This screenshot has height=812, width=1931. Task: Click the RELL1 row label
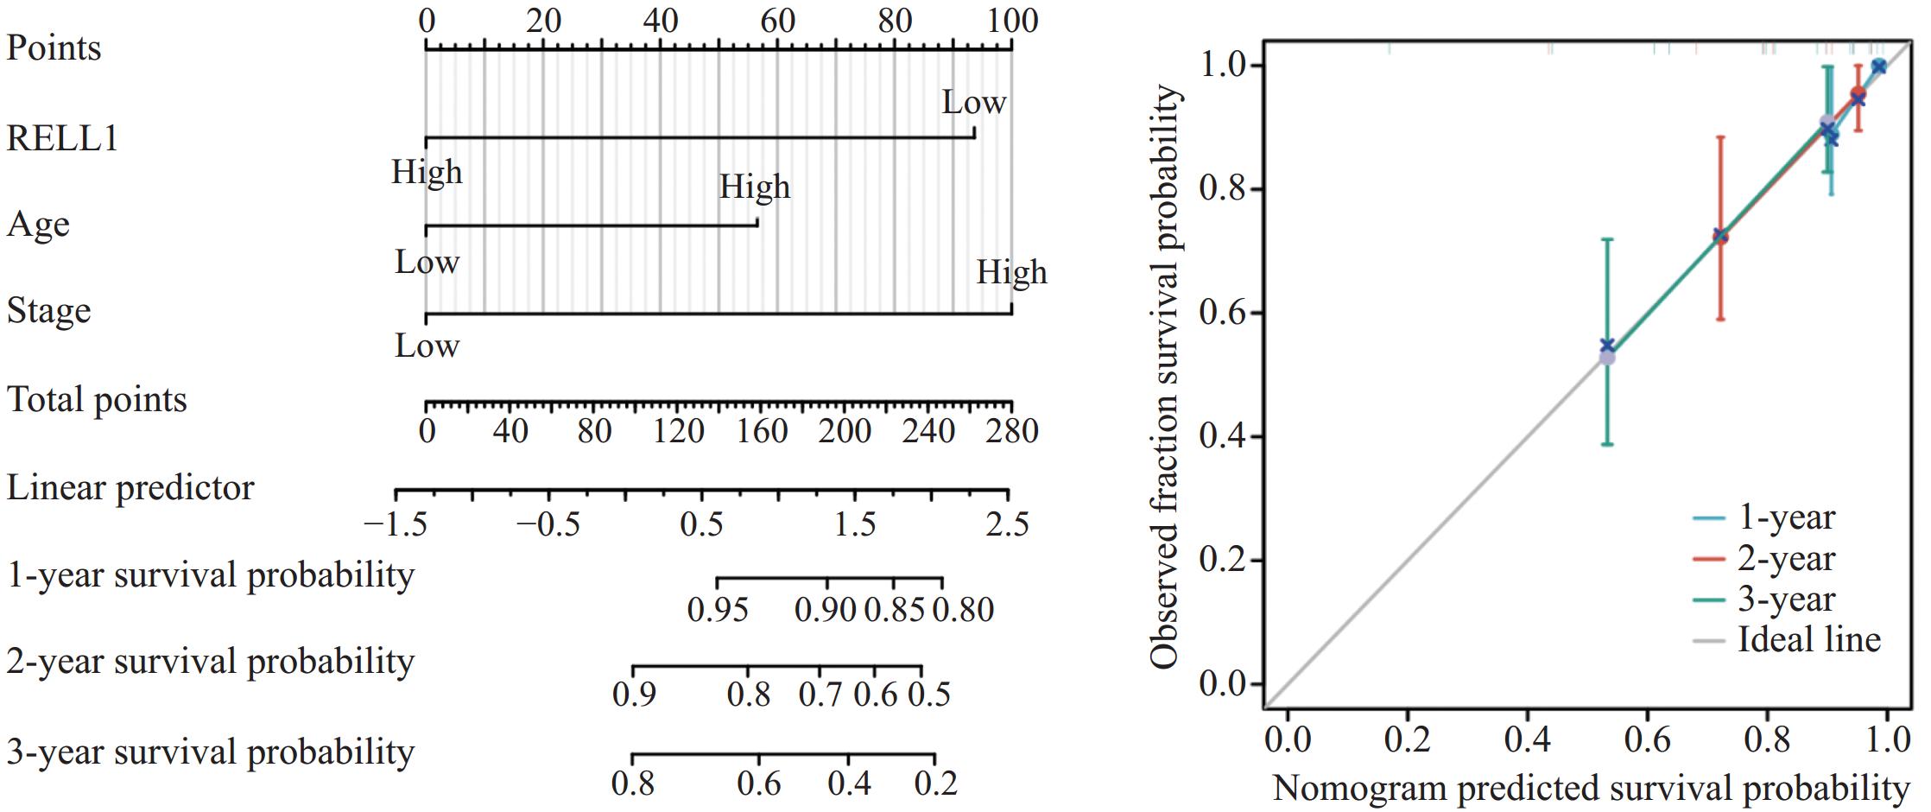[x=62, y=138]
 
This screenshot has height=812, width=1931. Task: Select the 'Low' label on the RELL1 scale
[x=973, y=103]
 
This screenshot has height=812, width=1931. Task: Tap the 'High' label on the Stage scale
[x=1011, y=273]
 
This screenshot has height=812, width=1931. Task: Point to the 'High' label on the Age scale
[x=755, y=187]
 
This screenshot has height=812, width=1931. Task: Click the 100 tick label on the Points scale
[x=1012, y=21]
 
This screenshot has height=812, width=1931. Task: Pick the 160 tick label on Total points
[x=763, y=431]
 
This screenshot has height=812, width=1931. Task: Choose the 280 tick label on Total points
[x=1012, y=431]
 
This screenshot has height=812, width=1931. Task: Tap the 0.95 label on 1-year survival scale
[x=718, y=611]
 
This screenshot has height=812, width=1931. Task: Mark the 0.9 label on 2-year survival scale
[x=634, y=695]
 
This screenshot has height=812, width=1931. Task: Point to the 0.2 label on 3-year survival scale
[x=936, y=783]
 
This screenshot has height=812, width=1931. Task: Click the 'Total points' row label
[x=97, y=400]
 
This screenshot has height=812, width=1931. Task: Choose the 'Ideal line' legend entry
[x=1808, y=640]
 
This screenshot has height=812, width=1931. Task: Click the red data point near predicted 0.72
[x=1720, y=236]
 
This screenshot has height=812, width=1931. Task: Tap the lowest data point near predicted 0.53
[x=1606, y=357]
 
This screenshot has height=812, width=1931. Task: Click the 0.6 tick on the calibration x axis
[x=1647, y=740]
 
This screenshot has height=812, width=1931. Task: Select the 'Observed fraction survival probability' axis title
[x=1165, y=377]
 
